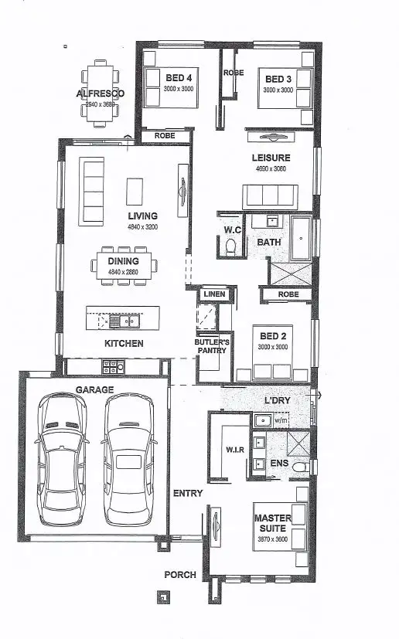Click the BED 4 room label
pos(179,78)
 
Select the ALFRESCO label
pos(100,93)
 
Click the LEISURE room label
pos(270,158)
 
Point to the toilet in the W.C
pos(230,246)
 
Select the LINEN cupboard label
pos(213,294)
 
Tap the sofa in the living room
pos(93,192)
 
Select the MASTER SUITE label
pos(274,522)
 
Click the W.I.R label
pos(234,448)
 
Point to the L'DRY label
pos(277,402)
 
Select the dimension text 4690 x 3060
pos(270,168)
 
